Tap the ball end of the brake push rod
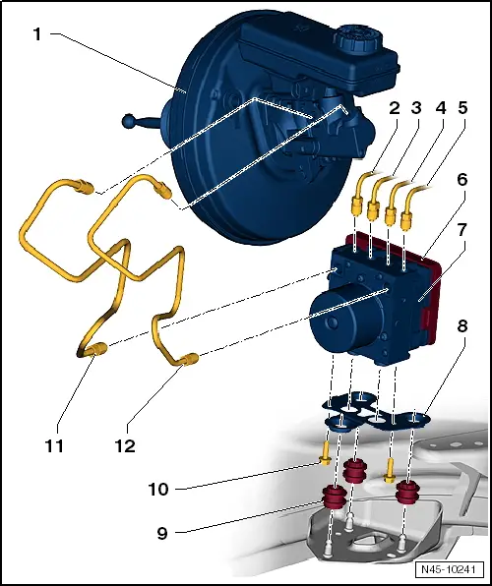pyautogui.click(x=128, y=122)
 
